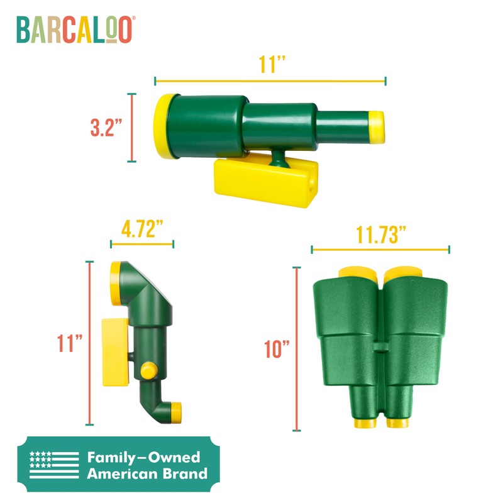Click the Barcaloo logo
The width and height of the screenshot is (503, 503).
point(75,30)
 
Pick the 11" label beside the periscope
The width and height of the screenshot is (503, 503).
point(69,343)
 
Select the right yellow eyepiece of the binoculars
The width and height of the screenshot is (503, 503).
point(397,423)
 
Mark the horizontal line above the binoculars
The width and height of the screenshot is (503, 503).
point(380,250)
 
